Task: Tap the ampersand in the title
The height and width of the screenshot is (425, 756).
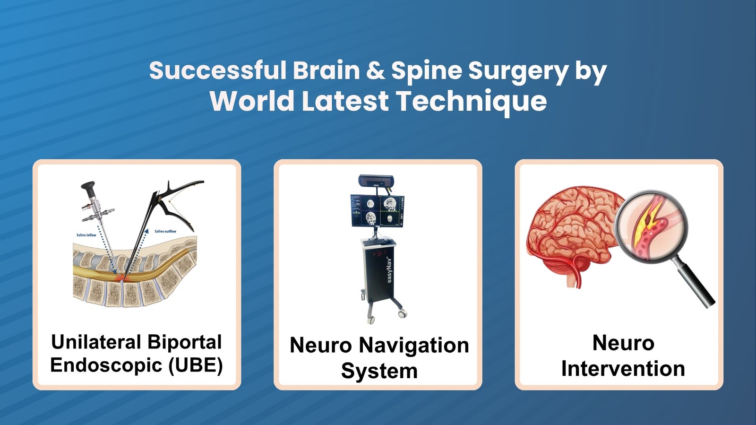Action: (375, 70)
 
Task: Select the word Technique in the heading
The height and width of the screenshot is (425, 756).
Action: (471, 101)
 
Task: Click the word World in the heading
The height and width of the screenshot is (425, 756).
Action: (252, 101)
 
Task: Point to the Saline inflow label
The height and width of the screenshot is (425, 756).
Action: (86, 235)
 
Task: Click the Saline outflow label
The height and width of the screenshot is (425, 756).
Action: (165, 231)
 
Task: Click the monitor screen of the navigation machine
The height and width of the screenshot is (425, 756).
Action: (377, 210)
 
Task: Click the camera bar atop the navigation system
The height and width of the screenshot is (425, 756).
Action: (376, 180)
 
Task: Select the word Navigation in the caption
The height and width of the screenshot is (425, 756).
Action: (413, 345)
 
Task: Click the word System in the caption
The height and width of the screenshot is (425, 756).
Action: (379, 371)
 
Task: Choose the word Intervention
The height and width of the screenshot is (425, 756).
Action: (623, 368)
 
